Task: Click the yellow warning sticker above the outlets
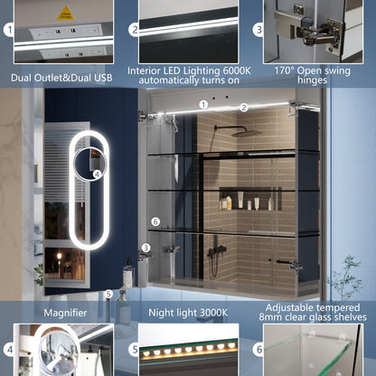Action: pos(65,13)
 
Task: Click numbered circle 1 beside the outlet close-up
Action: pos(9,31)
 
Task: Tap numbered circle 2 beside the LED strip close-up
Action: pos(134,30)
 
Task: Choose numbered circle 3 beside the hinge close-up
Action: pos(258,30)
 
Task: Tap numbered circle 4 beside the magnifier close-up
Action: pos(9,349)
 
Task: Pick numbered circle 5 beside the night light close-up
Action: pos(134,349)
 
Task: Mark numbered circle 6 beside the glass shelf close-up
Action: pos(258,349)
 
